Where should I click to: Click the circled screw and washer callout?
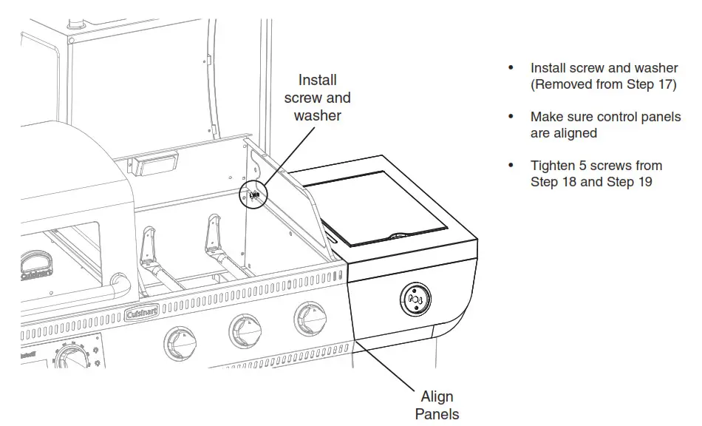point(253,195)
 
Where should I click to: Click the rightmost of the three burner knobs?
point(307,318)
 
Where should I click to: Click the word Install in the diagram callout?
point(317,80)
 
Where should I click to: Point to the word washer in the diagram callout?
point(318,115)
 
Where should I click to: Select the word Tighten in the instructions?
point(553,166)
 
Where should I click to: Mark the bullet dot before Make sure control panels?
point(510,118)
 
